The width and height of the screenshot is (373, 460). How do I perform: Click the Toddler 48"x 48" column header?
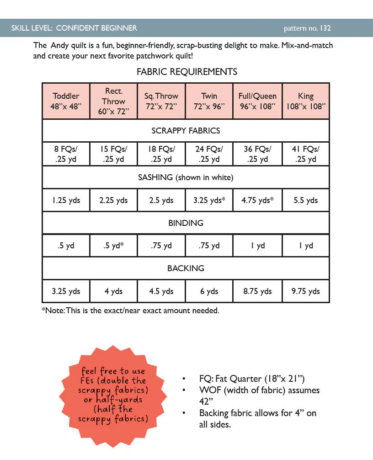click(66, 101)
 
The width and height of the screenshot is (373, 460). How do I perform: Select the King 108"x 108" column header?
click(306, 101)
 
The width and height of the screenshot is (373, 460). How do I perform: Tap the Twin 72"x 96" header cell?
click(209, 101)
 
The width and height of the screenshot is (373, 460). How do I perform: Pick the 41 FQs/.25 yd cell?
click(306, 154)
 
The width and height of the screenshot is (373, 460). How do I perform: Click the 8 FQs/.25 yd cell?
click(66, 154)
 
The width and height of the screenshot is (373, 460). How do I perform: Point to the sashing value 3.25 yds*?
click(209, 200)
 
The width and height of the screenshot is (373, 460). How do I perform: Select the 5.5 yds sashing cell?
click(306, 200)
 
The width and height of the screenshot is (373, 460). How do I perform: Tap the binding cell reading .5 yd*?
click(113, 246)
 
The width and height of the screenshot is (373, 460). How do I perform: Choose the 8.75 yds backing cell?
click(258, 291)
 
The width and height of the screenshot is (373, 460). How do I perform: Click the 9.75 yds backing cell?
click(306, 291)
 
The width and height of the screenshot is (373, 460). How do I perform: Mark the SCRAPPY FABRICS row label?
click(186, 131)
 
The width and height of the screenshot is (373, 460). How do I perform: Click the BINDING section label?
click(186, 223)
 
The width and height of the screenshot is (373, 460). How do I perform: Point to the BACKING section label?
click(186, 268)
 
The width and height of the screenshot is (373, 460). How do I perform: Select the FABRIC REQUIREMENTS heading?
click(186, 72)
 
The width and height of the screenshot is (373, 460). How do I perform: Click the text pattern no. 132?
click(307, 28)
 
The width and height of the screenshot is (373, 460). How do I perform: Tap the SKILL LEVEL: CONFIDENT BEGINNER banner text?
click(74, 28)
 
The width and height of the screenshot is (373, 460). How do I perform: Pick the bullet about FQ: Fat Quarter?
click(252, 379)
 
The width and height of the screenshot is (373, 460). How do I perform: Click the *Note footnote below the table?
click(130, 311)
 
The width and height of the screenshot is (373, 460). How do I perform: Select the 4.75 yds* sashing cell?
click(258, 200)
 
